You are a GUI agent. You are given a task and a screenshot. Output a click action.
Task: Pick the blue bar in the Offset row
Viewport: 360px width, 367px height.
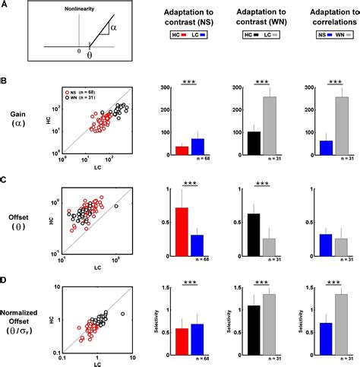click(197, 246)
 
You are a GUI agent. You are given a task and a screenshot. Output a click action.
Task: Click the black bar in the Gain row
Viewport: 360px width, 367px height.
click(254, 142)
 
